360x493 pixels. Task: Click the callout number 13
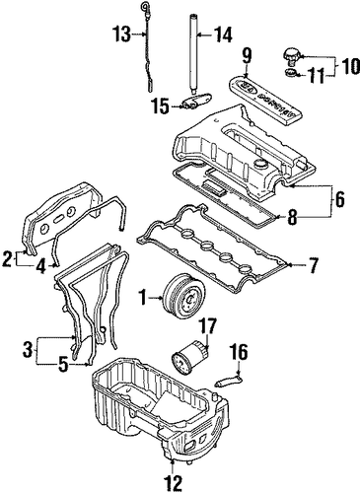(x=122, y=35)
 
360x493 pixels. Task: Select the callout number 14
(x=223, y=35)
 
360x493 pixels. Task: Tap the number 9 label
(x=247, y=56)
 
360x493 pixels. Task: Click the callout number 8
(x=292, y=218)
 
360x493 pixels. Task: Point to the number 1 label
(x=142, y=298)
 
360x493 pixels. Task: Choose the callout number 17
(x=207, y=325)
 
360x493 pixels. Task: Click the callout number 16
(x=240, y=352)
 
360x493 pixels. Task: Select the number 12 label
(x=173, y=483)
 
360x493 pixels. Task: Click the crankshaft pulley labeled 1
(x=185, y=300)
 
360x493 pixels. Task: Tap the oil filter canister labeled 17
(x=190, y=357)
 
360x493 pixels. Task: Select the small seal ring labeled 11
(x=290, y=73)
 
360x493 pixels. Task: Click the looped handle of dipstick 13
(x=145, y=5)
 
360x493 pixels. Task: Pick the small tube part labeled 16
(x=229, y=382)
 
